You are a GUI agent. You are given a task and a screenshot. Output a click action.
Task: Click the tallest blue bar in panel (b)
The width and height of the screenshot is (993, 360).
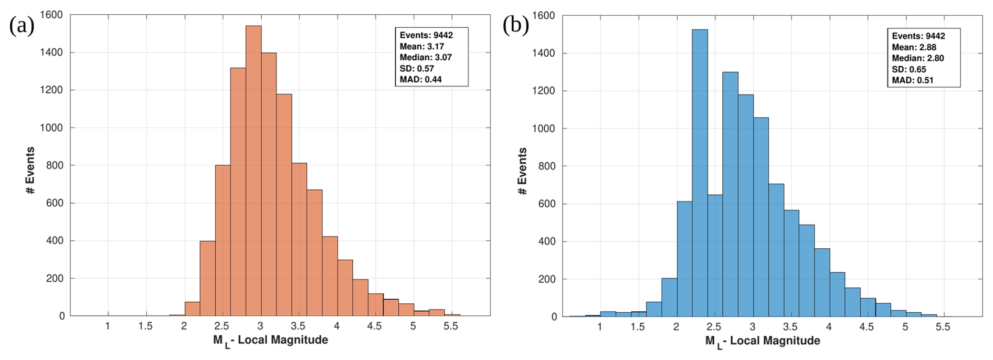[700, 173]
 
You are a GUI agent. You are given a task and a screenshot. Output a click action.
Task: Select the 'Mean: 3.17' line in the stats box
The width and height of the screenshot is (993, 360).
[421, 47]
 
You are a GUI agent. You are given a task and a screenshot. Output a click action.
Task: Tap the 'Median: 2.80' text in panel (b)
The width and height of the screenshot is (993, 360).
[917, 58]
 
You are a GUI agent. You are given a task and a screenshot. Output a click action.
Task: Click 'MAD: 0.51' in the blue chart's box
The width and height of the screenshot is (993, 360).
[912, 80]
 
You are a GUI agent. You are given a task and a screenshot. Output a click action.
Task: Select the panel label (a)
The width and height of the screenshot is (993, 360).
[22, 25]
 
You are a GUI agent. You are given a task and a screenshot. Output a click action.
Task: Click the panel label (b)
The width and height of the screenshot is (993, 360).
[515, 25]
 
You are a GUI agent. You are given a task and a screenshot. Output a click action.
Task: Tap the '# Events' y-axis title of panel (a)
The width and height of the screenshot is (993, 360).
[30, 171]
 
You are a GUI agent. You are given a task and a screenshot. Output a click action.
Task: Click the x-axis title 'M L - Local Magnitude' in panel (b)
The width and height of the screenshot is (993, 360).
[762, 341]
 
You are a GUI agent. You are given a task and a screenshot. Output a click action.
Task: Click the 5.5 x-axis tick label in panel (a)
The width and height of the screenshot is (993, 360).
[451, 326]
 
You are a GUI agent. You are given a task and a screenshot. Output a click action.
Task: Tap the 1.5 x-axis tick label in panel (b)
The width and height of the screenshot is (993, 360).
[638, 327]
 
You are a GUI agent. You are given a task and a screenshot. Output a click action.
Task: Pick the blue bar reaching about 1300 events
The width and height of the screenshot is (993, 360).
[730, 194]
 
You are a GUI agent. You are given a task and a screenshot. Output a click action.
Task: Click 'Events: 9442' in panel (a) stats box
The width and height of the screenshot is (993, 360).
[426, 35]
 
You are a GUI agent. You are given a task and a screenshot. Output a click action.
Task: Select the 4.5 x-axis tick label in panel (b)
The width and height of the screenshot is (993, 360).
[867, 327]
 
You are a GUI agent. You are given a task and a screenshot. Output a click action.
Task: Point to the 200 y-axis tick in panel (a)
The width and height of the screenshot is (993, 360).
[55, 279]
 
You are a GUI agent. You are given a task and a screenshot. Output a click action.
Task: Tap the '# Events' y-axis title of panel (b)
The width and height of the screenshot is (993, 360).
[523, 171]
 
